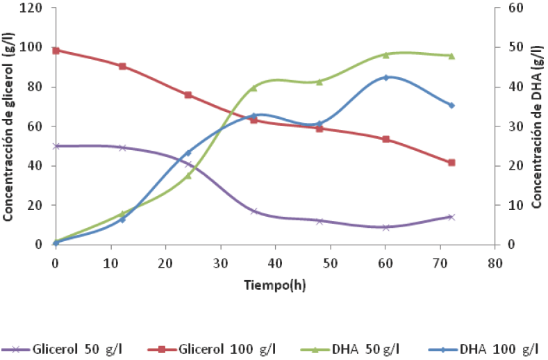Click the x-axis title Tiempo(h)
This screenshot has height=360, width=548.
pyautogui.click(x=274, y=284)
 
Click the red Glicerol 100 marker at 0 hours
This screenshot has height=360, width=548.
pyautogui.click(x=56, y=50)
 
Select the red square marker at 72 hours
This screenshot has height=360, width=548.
pyautogui.click(x=451, y=163)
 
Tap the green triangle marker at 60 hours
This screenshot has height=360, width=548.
pyautogui.click(x=385, y=54)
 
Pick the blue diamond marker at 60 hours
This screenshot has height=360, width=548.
pyautogui.click(x=385, y=77)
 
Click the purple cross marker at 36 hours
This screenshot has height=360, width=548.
pyautogui.click(x=254, y=211)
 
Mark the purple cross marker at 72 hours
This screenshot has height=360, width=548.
pyautogui.click(x=451, y=217)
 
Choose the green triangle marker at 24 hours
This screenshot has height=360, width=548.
pyautogui.click(x=188, y=176)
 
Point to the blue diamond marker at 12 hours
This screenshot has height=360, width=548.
pyautogui.click(x=122, y=220)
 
